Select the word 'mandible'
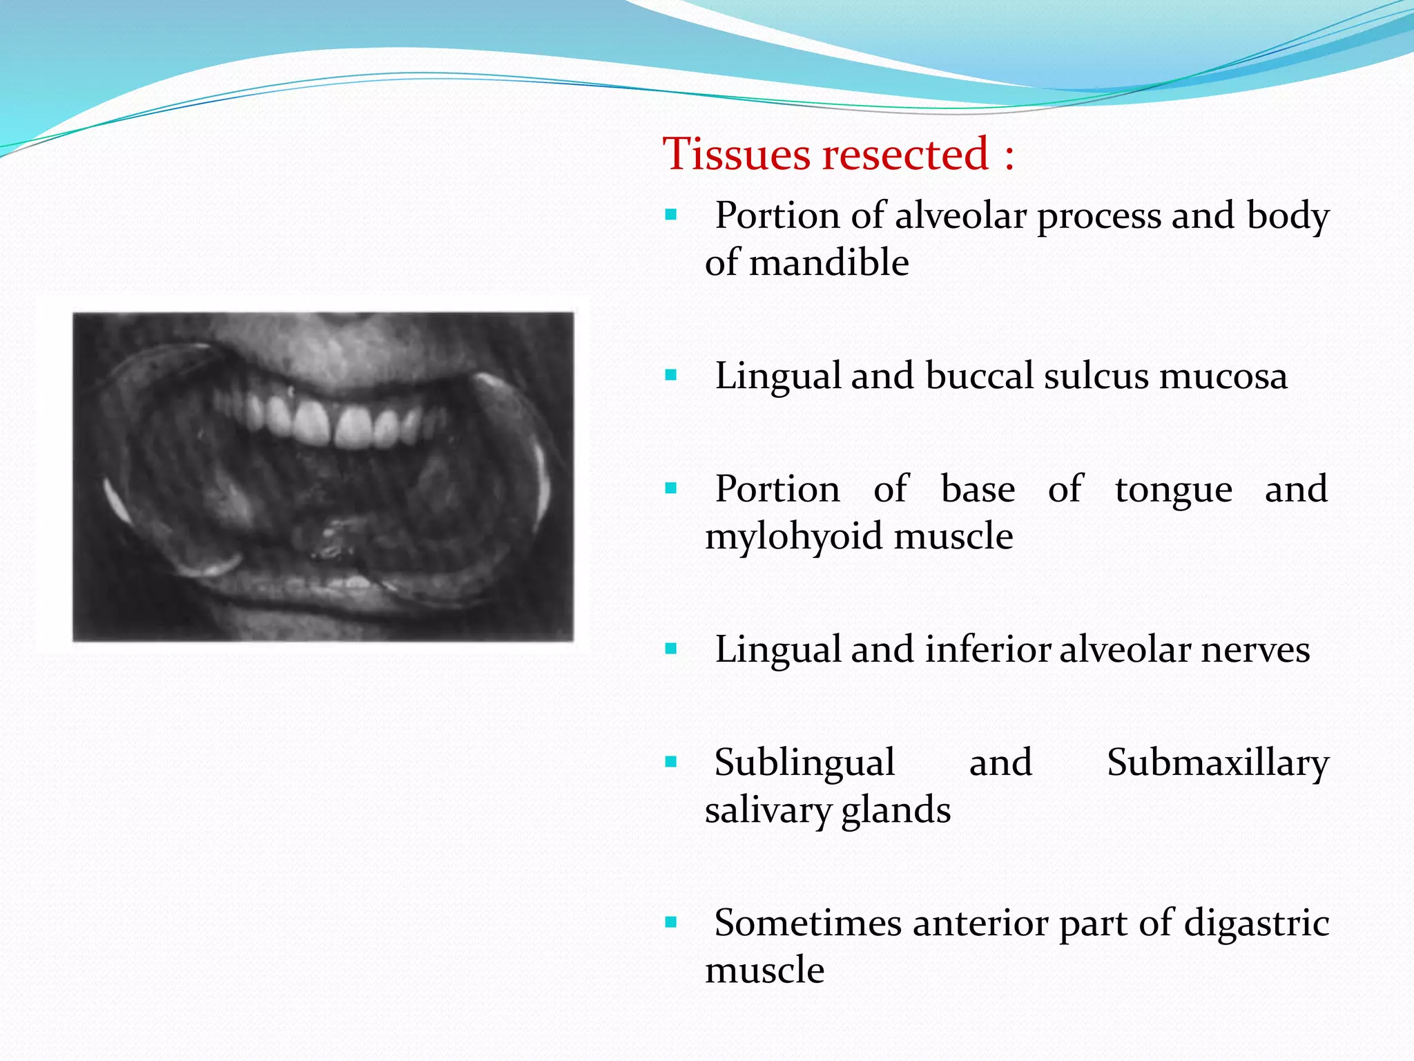coord(829,263)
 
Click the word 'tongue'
coord(1173,490)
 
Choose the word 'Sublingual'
coord(804,763)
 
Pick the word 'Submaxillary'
coord(1217,763)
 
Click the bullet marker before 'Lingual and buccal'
coord(670,376)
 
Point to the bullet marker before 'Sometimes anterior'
coord(670,923)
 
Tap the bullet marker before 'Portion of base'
coord(670,489)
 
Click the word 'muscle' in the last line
coord(764,971)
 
